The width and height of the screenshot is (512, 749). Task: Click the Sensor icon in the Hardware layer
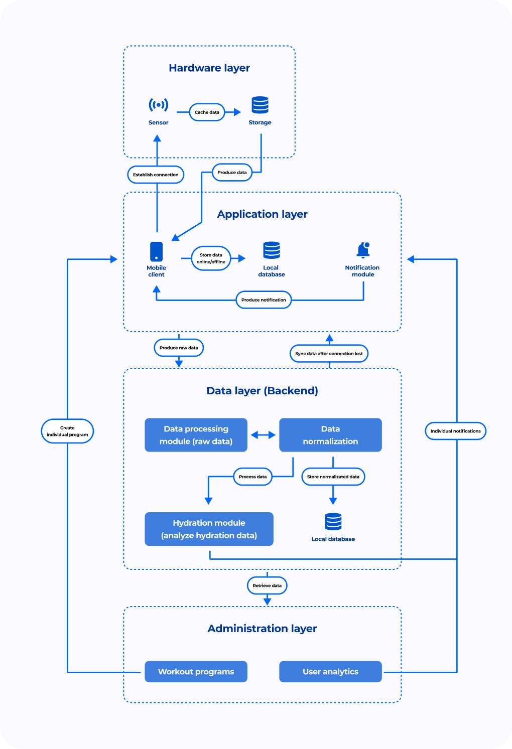158,105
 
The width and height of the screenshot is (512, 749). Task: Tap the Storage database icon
260,105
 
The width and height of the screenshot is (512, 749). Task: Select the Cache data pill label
207,112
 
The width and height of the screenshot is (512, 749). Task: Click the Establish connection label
156,175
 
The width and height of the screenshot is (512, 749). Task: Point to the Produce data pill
232,173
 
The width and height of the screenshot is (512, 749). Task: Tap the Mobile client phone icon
156,251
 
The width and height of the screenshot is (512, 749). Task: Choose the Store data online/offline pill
211,258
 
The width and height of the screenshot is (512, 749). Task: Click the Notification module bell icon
363,250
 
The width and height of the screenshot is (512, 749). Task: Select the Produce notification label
264,300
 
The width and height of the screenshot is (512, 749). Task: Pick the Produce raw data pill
179,348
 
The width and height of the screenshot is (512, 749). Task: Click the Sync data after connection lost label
329,354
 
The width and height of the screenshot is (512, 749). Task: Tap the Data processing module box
196,435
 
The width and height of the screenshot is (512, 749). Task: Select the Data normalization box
331,435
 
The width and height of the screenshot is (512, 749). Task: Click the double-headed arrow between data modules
263,435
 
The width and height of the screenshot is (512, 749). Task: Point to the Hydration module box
209,529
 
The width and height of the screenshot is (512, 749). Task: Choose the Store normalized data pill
333,477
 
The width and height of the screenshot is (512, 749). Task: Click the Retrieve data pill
267,585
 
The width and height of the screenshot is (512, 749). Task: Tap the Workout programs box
196,671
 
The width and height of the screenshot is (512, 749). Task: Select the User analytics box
331,671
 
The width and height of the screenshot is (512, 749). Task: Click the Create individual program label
67,431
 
